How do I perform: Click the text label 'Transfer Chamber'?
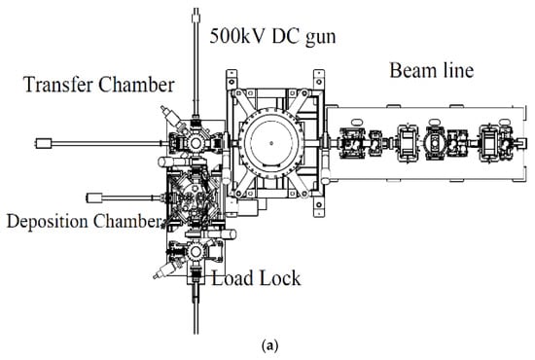point(99,85)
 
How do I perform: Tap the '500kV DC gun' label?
point(272,36)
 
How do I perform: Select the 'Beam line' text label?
point(432,70)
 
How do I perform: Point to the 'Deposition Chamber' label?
point(84,221)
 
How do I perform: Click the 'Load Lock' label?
point(256,277)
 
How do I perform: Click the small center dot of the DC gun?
point(271,143)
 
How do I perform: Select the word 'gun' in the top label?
point(321,38)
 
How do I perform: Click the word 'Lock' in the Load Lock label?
point(279,277)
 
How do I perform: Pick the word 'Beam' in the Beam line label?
point(410,70)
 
